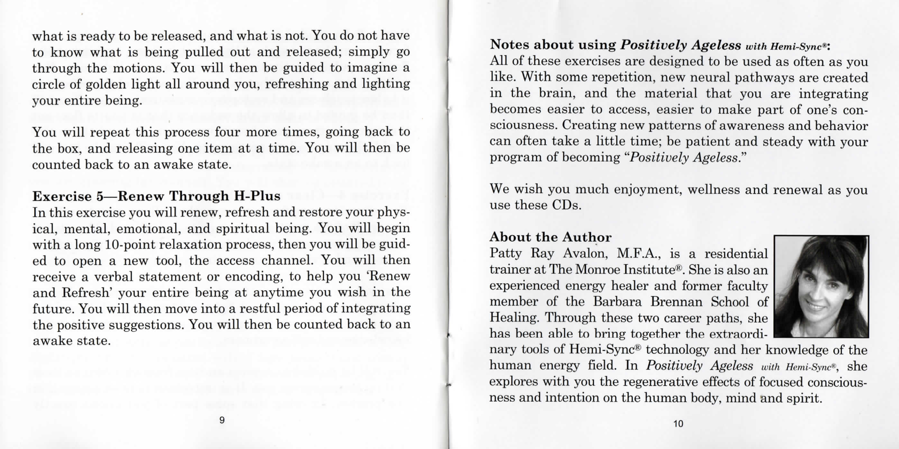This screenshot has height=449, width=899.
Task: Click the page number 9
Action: point(222,420)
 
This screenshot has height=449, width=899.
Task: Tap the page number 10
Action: point(678,423)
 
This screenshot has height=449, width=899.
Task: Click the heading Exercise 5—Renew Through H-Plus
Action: point(156,196)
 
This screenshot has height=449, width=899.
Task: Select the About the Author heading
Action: point(550,237)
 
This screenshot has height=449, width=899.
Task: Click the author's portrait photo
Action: point(821,286)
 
